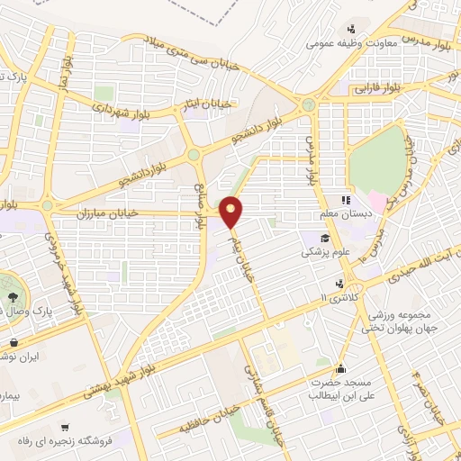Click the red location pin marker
point(233,211)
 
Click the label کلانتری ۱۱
point(340,297)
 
